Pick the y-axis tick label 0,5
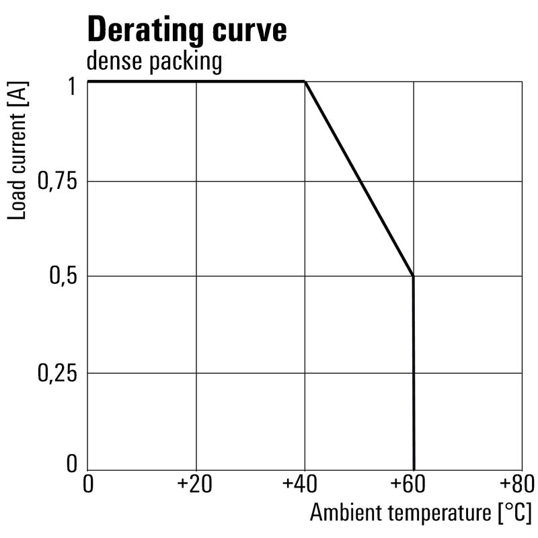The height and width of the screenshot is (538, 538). [x=63, y=276]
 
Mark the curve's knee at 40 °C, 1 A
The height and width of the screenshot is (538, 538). [x=305, y=82]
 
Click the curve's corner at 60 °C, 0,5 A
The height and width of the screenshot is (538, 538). [x=413, y=276]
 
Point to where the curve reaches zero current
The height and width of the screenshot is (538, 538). [x=414, y=469]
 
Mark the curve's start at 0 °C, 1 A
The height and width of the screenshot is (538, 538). [x=88, y=82]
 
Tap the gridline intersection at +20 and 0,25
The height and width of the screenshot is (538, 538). [x=196, y=373]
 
